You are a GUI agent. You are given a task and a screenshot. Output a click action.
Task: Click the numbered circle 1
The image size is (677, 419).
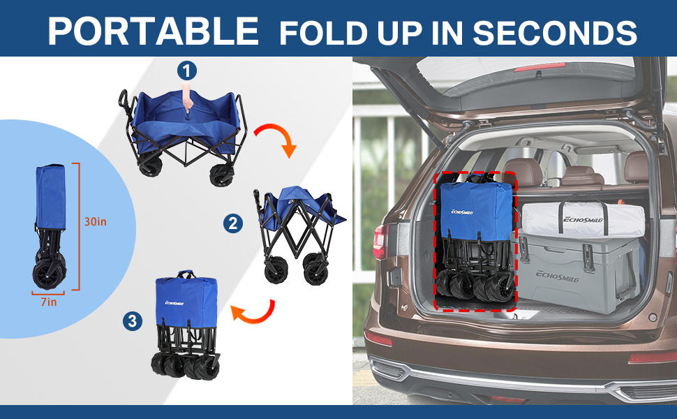click(186, 70)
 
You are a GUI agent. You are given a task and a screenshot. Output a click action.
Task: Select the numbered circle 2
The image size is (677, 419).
click(233, 223)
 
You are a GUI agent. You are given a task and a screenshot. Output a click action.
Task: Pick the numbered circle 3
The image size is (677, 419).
click(132, 321)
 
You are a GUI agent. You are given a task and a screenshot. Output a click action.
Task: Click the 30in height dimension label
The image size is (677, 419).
click(95, 221)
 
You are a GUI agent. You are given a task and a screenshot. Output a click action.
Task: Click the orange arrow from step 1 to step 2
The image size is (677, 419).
click(276, 138)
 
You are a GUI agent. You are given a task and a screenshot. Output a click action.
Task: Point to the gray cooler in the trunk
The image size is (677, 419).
click(579, 269)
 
